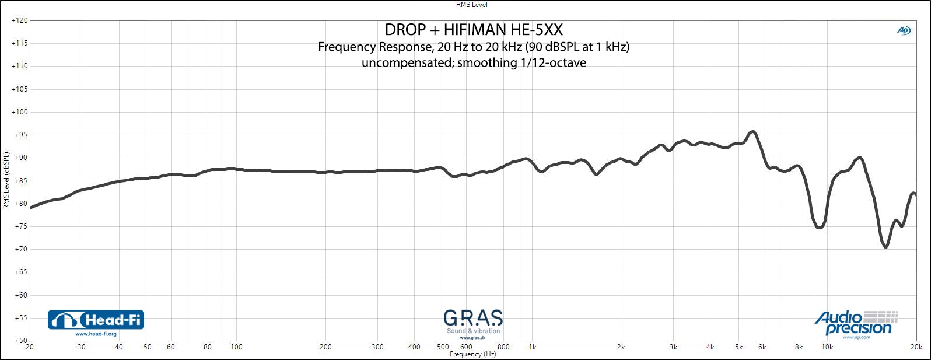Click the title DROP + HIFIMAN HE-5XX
click(x=474, y=30)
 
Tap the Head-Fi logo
click(x=96, y=320)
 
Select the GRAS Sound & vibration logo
click(x=473, y=323)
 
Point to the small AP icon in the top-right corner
click(x=904, y=30)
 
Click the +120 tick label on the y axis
click(x=19, y=20)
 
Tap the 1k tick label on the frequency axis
click(x=532, y=347)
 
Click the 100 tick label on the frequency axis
click(x=236, y=347)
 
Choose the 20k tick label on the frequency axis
click(x=916, y=347)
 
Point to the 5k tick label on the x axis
click(x=738, y=347)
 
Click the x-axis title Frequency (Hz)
click(x=473, y=354)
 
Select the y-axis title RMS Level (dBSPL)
click(x=6, y=180)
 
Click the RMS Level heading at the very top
click(x=471, y=5)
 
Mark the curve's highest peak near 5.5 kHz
click(x=752, y=132)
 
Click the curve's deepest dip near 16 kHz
click(x=885, y=247)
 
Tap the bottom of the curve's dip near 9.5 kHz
click(x=820, y=228)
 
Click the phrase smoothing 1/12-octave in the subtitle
click(x=521, y=63)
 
